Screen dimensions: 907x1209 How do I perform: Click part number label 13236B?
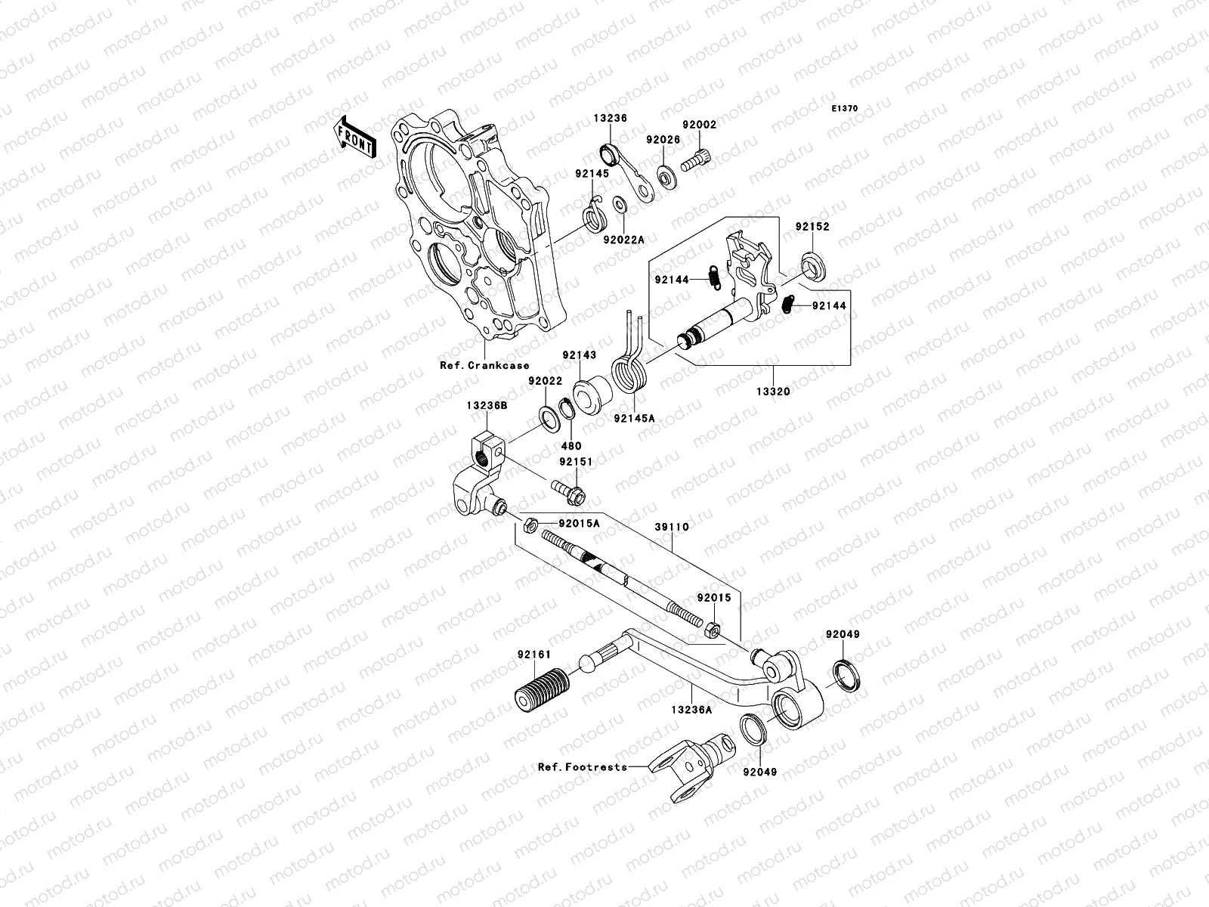(x=487, y=406)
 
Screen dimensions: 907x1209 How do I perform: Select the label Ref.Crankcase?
(x=484, y=365)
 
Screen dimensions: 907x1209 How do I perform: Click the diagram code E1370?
(x=846, y=109)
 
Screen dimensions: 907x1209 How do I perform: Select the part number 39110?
(x=672, y=526)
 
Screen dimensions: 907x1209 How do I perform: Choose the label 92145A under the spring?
(x=634, y=417)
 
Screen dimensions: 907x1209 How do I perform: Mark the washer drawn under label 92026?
(x=667, y=178)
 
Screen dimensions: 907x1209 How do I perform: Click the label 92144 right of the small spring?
(x=830, y=306)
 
